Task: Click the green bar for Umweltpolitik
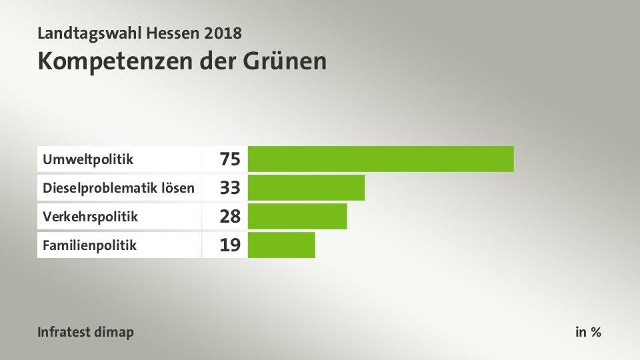[381, 159]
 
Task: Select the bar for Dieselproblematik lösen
[306, 187]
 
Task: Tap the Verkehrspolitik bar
[297, 216]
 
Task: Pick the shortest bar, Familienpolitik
[281, 245]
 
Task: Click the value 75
[230, 159]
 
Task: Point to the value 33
[230, 188]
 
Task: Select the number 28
[230, 217]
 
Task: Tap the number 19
[230, 245]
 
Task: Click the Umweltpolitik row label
[88, 159]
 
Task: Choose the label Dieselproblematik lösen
[119, 188]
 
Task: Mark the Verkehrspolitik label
[90, 217]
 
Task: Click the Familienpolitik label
[89, 245]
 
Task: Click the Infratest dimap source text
[85, 331]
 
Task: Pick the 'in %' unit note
[588, 331]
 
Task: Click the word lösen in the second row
[180, 188]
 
